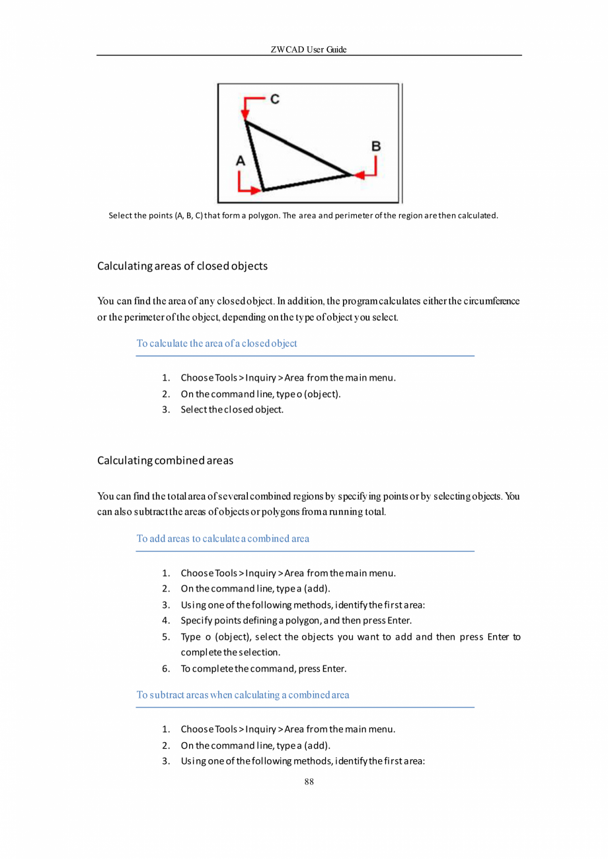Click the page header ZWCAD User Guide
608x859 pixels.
(x=309, y=50)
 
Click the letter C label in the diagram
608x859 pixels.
(x=274, y=100)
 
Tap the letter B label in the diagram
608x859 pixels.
(x=375, y=146)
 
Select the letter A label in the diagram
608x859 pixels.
(x=241, y=160)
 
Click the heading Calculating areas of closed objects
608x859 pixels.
(x=182, y=266)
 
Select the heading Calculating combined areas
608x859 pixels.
(x=165, y=460)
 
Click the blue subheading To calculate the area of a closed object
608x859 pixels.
(x=217, y=344)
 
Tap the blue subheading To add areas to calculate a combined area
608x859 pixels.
(x=223, y=538)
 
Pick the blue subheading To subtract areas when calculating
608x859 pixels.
(x=243, y=694)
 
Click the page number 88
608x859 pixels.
(x=309, y=782)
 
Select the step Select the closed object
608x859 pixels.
(x=231, y=410)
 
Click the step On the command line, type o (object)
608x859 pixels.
(x=260, y=394)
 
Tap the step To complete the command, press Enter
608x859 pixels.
(x=263, y=669)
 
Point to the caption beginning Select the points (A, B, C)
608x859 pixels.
(x=303, y=215)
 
